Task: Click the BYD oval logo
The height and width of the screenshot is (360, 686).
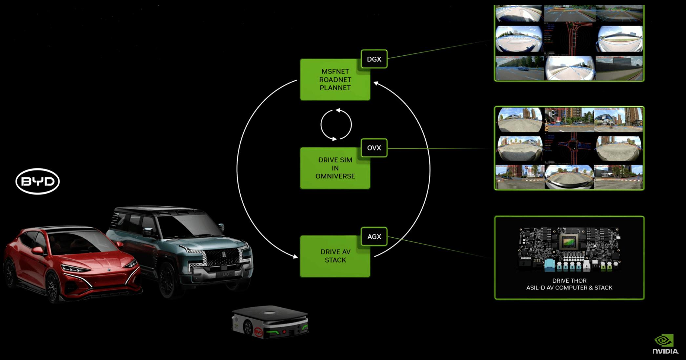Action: coord(37,181)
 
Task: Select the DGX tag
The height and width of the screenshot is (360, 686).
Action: coord(374,59)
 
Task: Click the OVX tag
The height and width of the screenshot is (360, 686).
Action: coord(374,148)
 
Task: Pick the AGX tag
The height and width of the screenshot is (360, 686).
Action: coord(374,237)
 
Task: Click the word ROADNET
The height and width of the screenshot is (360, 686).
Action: coord(335,80)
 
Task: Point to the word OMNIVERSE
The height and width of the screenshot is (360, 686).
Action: coord(335,176)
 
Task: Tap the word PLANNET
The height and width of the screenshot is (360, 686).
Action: coord(335,88)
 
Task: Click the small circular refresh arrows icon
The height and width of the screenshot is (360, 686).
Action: coord(336,125)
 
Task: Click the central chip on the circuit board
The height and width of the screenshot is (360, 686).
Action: coord(569,243)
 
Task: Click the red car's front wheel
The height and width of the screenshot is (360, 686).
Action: coord(52,289)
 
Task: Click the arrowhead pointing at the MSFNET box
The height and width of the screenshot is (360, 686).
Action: coord(376,84)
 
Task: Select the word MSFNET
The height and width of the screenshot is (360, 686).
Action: coord(335,71)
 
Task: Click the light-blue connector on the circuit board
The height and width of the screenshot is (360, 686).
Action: coord(550,266)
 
